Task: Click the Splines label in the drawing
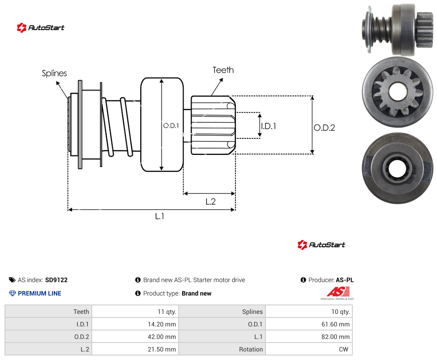[54, 73]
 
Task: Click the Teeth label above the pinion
[223, 70]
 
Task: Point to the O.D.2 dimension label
[325, 128]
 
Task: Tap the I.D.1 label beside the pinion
[268, 126]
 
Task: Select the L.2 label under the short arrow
[210, 201]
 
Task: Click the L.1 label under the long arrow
[159, 216]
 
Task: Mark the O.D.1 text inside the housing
[171, 126]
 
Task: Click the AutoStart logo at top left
[41, 28]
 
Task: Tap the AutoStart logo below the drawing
[321, 245]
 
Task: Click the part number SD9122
[56, 280]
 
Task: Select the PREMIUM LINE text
[39, 293]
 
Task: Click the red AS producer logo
[338, 293]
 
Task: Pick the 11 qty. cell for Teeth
[135, 312]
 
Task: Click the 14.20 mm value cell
[135, 324]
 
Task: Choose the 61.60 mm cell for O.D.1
[309, 324]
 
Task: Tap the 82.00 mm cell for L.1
[309, 337]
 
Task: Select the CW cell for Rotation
[309, 349]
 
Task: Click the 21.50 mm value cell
[135, 349]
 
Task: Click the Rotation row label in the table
[251, 349]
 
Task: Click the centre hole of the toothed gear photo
[398, 92]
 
